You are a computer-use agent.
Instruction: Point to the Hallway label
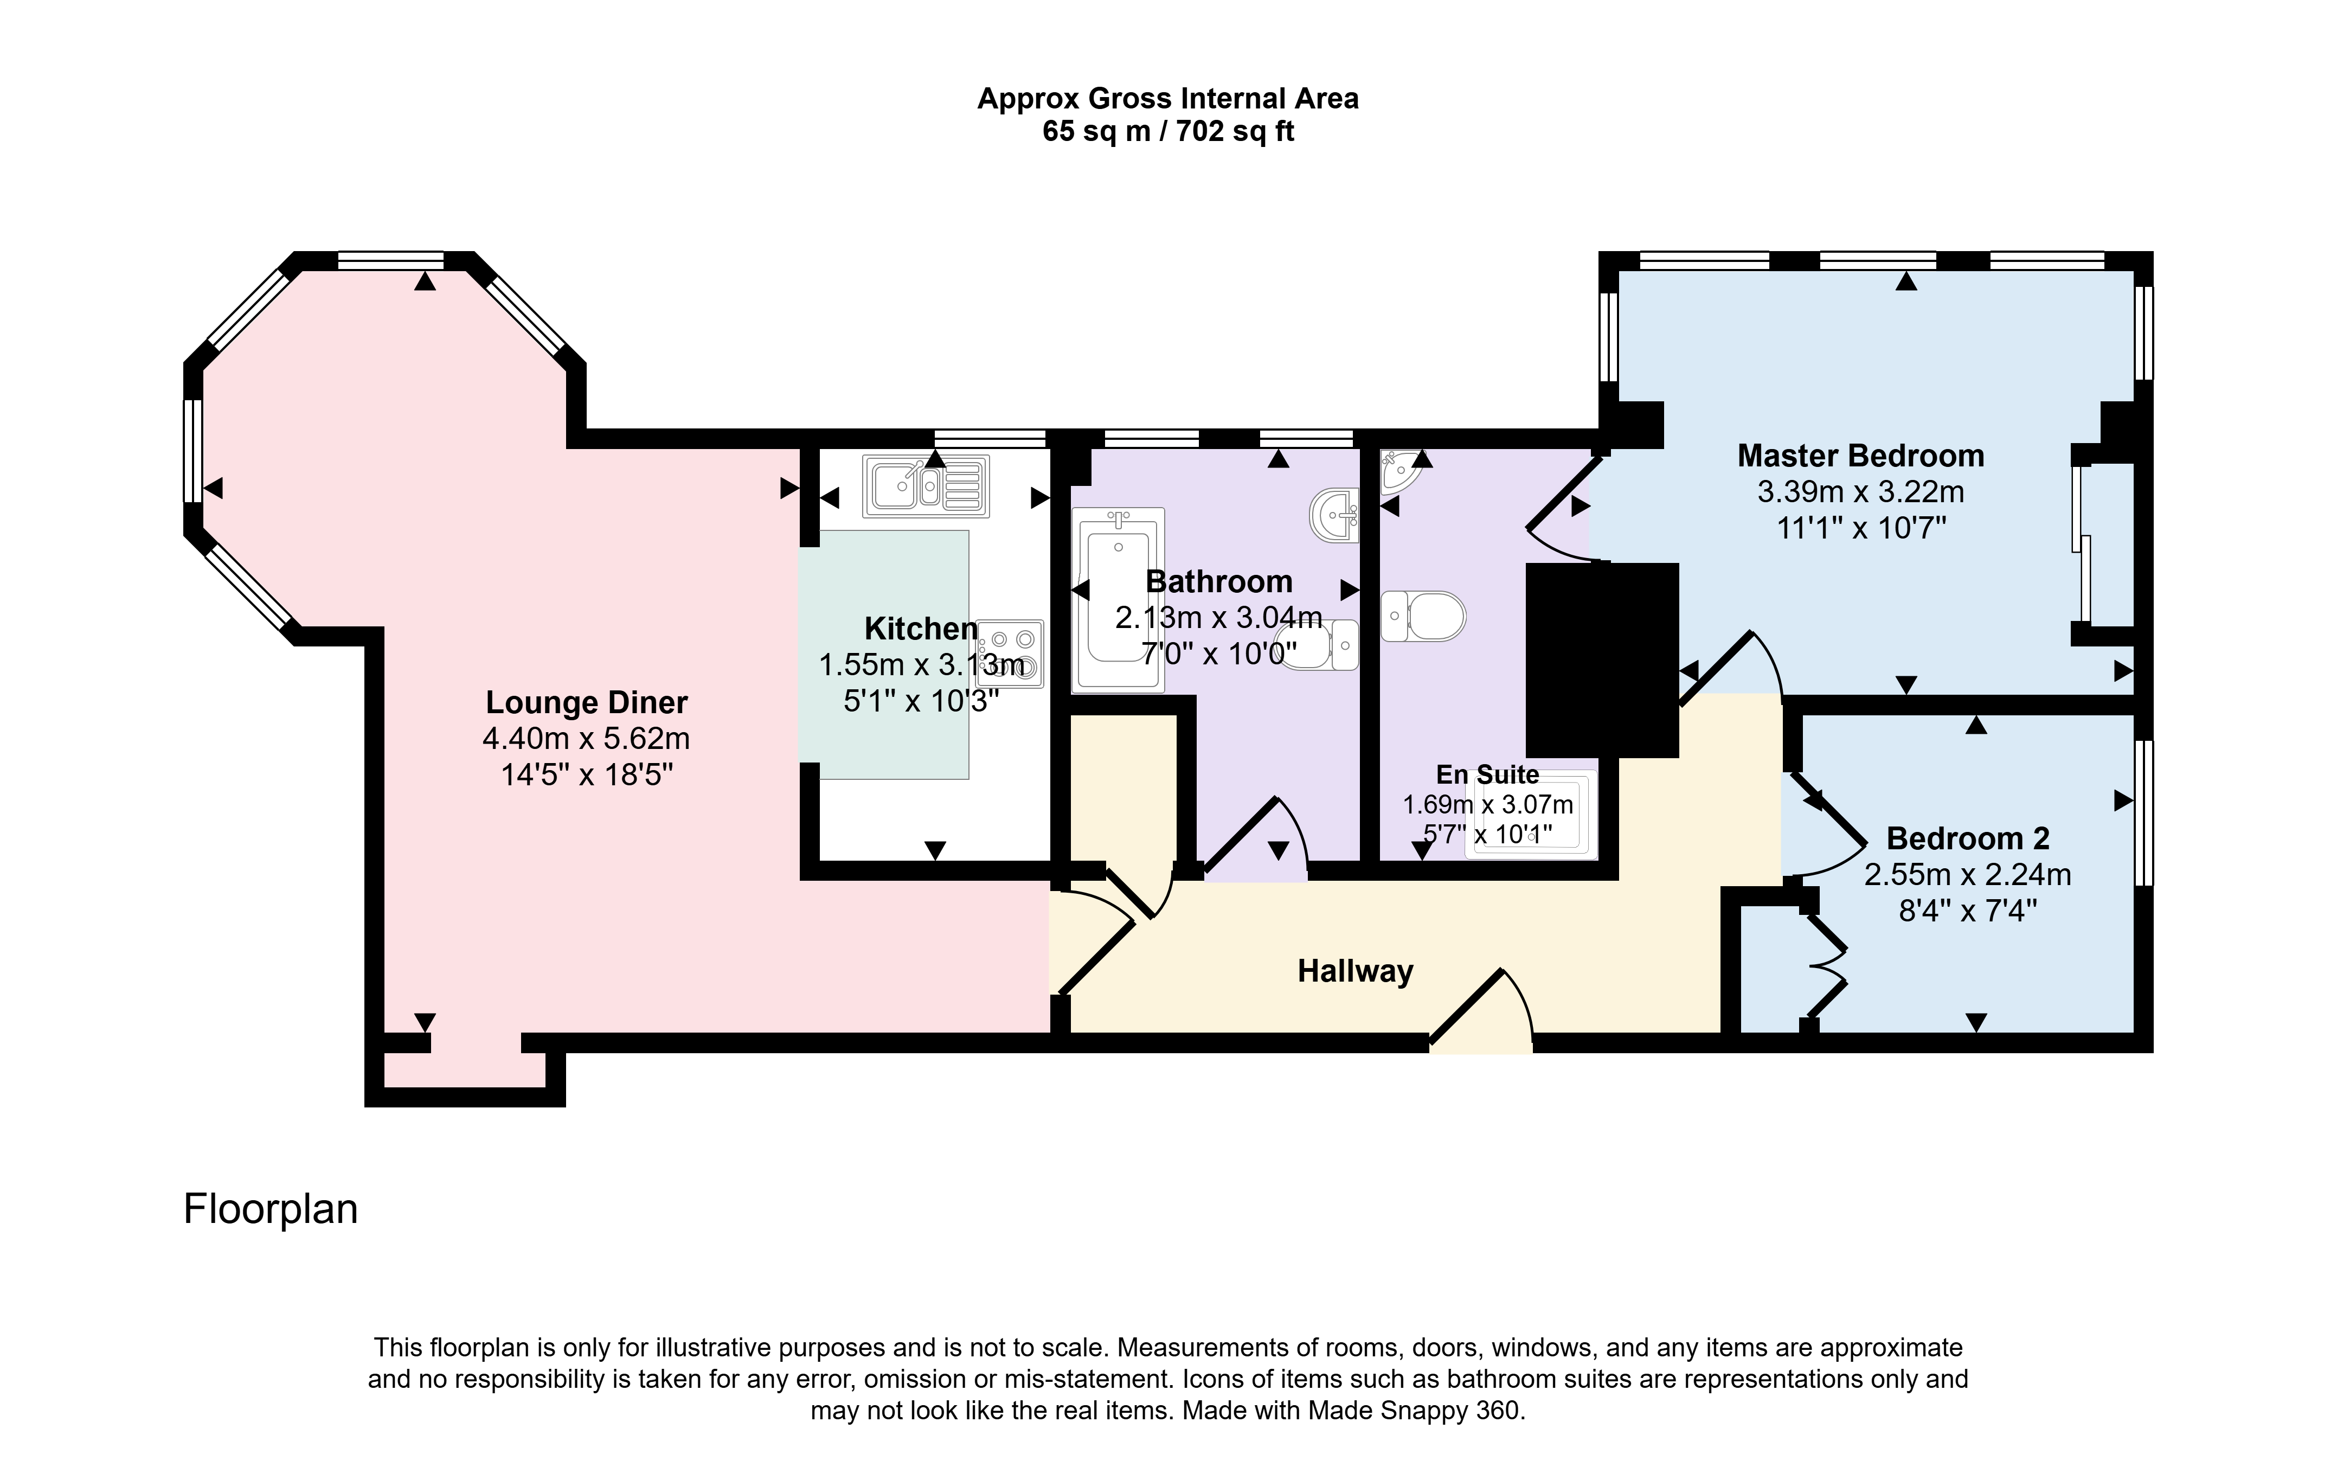1355,971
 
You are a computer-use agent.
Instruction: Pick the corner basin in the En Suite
1401,471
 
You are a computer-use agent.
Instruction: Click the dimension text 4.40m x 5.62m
586,738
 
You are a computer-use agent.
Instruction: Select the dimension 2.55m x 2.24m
1967,874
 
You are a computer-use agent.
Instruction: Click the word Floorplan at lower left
271,1209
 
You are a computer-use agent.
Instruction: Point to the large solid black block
1602,660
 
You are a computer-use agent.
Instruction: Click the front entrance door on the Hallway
1481,1009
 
